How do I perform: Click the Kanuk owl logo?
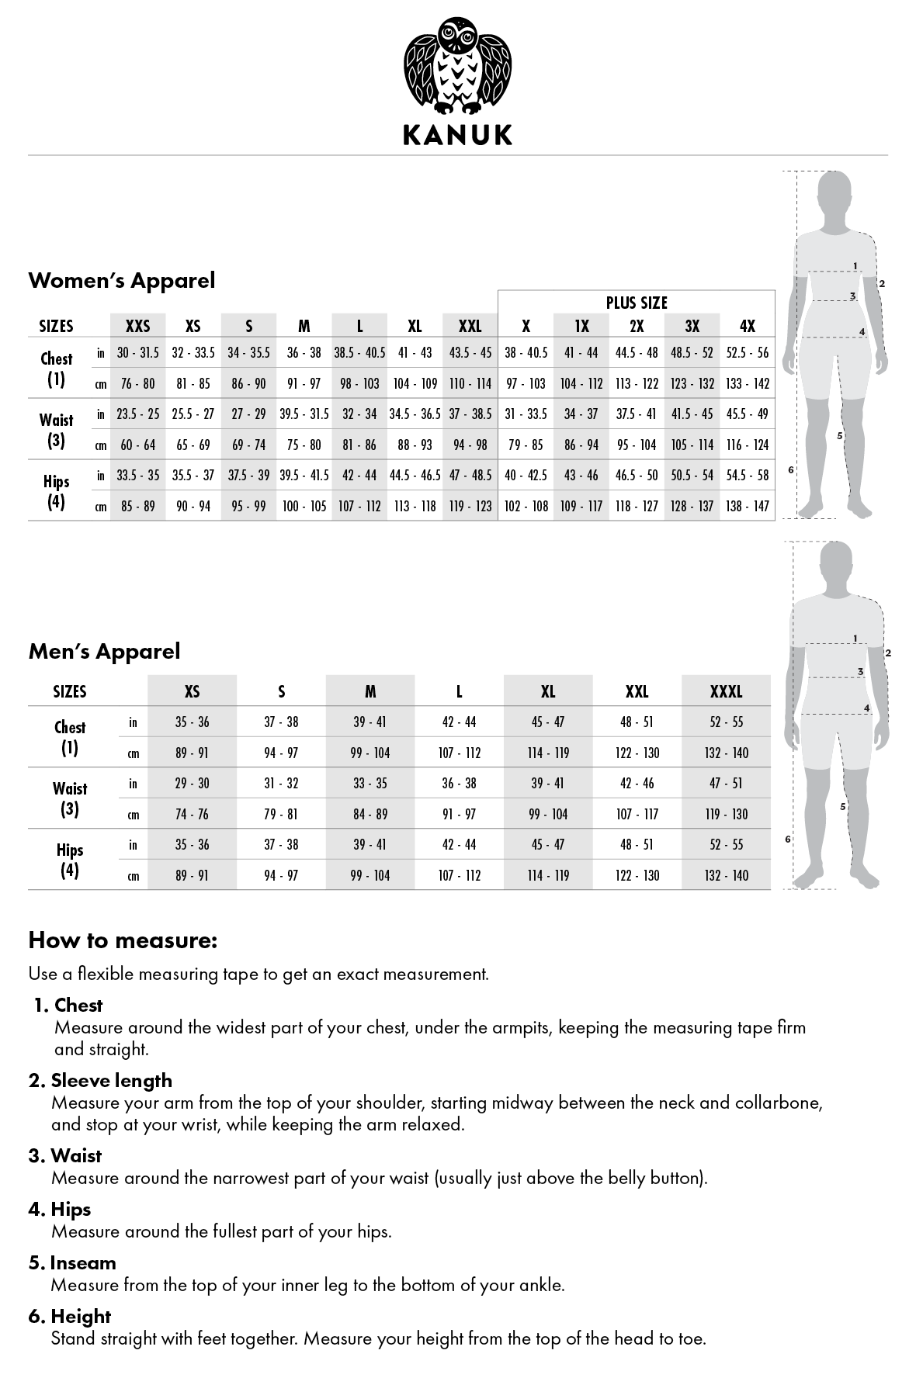457,65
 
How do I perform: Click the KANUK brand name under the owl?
457,135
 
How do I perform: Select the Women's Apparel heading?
122,280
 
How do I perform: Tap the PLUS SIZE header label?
637,302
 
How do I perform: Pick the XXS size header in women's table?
137,327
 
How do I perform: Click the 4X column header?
747,327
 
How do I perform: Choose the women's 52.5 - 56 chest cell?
747,352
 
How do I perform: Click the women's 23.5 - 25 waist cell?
137,414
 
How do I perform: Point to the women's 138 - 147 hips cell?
747,506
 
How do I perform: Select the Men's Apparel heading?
104,651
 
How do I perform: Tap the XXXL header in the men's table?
726,691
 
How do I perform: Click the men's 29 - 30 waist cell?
192,783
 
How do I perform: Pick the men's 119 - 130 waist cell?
726,814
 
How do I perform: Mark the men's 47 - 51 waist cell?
726,783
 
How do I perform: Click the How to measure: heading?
123,940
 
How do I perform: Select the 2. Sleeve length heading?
100,1080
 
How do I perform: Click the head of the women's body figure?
834,191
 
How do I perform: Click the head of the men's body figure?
837,562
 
